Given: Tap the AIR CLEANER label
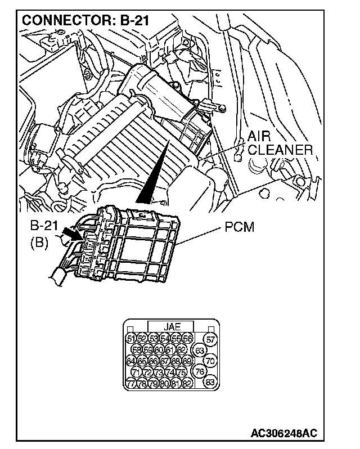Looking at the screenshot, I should [280, 143].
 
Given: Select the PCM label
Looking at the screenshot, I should [238, 227].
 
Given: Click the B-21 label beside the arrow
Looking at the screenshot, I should [44, 227].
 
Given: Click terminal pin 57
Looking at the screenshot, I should [210, 339].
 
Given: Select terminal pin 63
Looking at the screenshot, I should [200, 351].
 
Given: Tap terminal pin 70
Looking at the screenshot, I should [210, 361].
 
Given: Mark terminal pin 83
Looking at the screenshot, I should [210, 383].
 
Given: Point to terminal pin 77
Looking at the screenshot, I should [131, 384].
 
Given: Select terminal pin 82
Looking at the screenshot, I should [188, 384].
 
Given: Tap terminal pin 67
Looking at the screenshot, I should [165, 361].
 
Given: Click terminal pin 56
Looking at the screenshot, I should [188, 338].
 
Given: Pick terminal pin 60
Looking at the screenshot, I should [159, 349].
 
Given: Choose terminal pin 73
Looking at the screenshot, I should [159, 372].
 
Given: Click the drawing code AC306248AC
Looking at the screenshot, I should [284, 434].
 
